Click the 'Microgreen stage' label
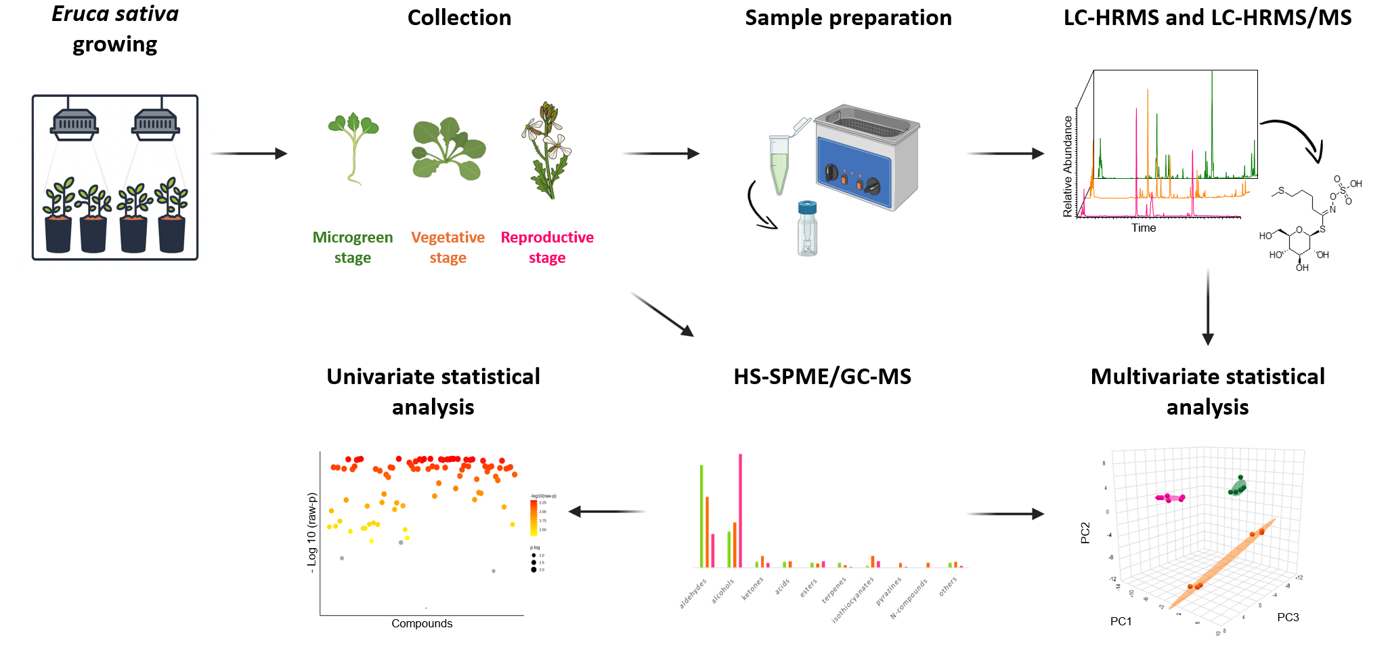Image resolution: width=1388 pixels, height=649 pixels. pyautogui.click(x=352, y=247)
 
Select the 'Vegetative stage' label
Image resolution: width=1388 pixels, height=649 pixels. pyautogui.click(x=448, y=247)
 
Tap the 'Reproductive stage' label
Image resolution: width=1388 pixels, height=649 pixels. pyautogui.click(x=547, y=247)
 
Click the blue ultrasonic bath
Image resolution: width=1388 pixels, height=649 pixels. pyautogui.click(x=867, y=157)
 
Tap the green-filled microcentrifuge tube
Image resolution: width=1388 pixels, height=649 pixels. pyautogui.click(x=780, y=163)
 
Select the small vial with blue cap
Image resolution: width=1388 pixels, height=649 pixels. pyautogui.click(x=807, y=228)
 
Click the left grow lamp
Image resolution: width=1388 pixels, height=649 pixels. pyautogui.click(x=74, y=124)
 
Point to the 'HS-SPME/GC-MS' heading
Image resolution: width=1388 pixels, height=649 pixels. pyautogui.click(x=822, y=377)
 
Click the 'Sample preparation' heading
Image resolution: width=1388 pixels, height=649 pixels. pyautogui.click(x=848, y=18)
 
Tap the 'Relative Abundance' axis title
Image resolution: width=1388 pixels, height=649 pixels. pyautogui.click(x=1068, y=166)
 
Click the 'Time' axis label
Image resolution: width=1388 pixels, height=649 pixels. pyautogui.click(x=1144, y=228)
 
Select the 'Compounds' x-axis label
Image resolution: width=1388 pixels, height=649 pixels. pyautogui.click(x=422, y=623)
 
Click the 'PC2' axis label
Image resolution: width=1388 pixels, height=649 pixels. pyautogui.click(x=1085, y=532)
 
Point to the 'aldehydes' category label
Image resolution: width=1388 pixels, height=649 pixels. pyautogui.click(x=693, y=593)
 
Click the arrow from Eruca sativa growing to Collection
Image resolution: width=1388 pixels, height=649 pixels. pyautogui.click(x=248, y=154)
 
